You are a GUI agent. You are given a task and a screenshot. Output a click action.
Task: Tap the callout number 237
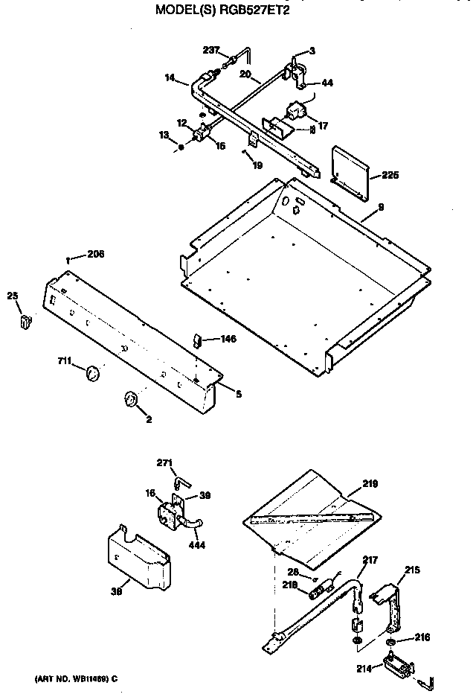click(x=211, y=50)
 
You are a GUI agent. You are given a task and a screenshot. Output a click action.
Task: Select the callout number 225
click(x=390, y=176)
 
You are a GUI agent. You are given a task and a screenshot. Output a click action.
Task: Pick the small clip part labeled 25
click(x=26, y=321)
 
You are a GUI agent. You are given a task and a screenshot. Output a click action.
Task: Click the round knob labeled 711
click(x=92, y=373)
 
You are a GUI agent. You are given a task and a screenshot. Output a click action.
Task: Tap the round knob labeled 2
click(x=132, y=401)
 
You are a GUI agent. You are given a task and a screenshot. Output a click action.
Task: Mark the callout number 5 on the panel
click(x=238, y=394)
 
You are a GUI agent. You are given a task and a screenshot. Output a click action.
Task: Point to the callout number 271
click(x=164, y=462)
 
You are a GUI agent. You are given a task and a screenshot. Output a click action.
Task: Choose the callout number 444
click(x=197, y=545)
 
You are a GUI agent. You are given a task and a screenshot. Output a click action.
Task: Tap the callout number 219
click(x=370, y=484)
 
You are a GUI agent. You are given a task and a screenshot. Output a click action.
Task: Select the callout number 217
click(x=370, y=560)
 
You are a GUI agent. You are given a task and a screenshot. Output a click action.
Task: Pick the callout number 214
click(x=363, y=669)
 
